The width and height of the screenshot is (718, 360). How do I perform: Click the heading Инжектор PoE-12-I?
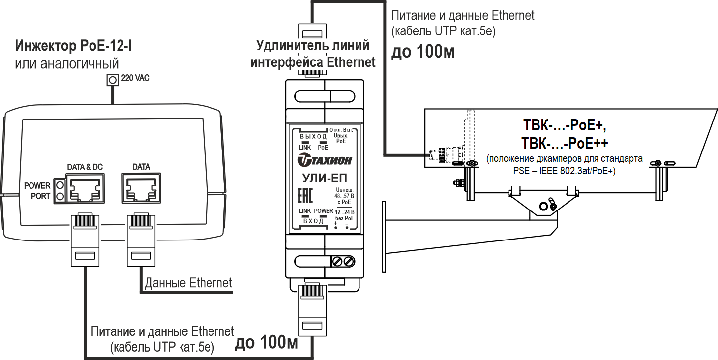click(x=74, y=47)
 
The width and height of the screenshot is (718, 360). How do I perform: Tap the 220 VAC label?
click(x=135, y=78)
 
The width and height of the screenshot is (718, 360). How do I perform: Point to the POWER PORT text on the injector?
click(x=37, y=191)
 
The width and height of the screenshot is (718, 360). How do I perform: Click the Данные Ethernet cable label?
click(x=188, y=283)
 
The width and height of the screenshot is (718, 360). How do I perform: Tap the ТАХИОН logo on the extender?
click(x=325, y=160)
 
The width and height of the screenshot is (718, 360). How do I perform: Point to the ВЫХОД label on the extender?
click(x=313, y=136)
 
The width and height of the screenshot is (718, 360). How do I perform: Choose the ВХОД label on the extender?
click(x=313, y=221)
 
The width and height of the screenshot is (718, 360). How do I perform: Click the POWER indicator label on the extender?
click(x=324, y=211)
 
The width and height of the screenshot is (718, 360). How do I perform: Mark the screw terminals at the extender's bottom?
click(x=343, y=261)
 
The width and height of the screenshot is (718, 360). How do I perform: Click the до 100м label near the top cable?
click(x=422, y=52)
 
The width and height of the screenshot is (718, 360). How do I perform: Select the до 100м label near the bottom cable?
click(x=266, y=342)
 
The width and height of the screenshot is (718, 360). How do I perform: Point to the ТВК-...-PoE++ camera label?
click(x=565, y=143)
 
